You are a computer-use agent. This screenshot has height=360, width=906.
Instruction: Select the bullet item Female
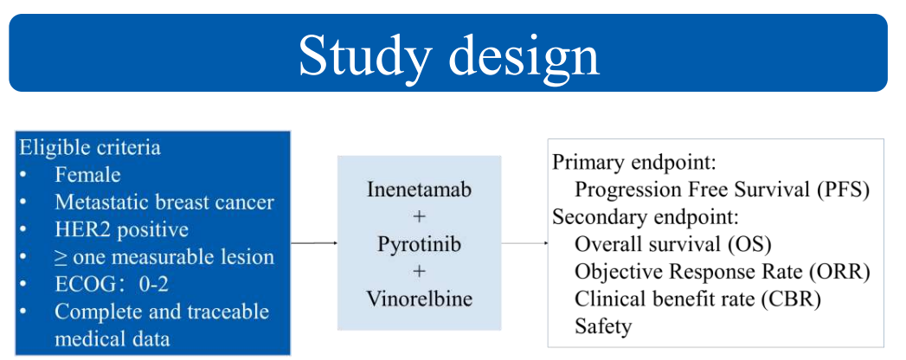coord(87,175)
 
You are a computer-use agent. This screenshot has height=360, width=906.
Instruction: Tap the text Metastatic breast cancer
coord(164,202)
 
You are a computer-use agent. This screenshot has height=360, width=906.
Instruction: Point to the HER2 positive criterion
coord(121,229)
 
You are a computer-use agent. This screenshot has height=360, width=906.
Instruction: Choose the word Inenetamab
coord(420,190)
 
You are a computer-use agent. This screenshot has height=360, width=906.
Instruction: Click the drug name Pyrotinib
coord(420,244)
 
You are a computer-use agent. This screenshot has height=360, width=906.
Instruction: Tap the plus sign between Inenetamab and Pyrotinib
coord(420,217)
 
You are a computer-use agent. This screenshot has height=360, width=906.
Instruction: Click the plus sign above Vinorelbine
coord(420,271)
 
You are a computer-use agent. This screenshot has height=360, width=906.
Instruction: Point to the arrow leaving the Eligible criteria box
coord(314,243)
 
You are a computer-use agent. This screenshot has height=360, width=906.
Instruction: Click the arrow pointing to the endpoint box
coord(524,243)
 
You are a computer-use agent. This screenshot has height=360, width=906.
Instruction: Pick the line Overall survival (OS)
coord(673,244)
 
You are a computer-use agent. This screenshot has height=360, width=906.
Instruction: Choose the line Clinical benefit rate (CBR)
coord(697,299)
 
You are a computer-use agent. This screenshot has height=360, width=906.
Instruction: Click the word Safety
coord(603,326)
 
